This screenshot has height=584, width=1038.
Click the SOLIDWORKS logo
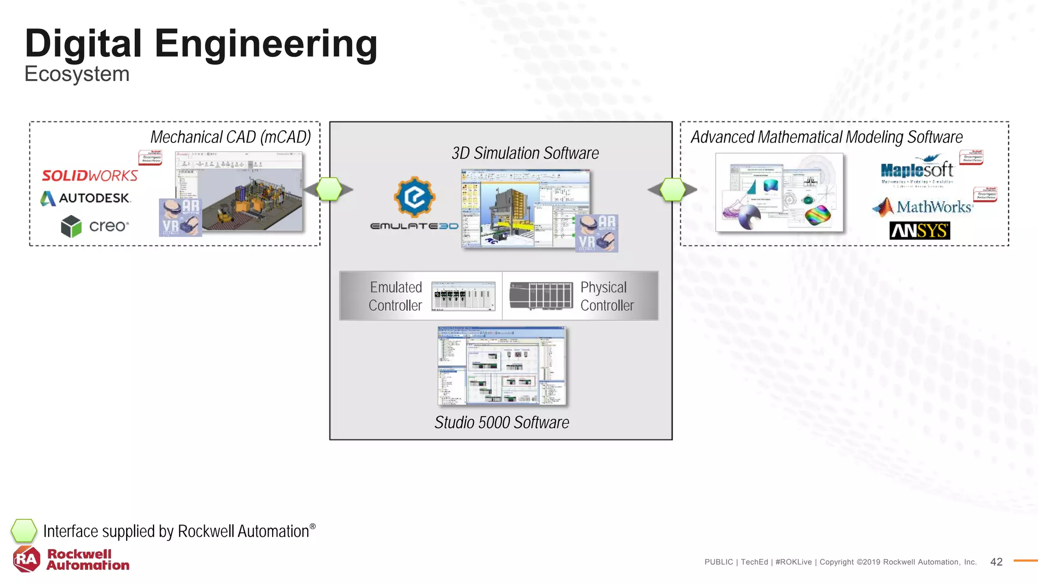coord(90,176)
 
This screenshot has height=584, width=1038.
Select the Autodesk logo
coord(86,198)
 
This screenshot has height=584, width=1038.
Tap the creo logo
coord(95,226)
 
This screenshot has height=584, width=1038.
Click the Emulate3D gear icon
coord(415,197)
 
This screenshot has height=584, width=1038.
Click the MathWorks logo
coord(922,207)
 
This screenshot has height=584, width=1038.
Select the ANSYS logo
coord(919,231)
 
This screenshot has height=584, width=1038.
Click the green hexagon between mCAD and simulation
coord(329,190)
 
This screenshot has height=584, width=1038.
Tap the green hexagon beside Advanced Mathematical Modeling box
coord(673,190)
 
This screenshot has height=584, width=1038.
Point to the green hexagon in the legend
coord(24,531)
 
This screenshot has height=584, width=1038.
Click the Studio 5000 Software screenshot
coord(502,366)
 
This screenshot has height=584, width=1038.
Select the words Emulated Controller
coord(395,296)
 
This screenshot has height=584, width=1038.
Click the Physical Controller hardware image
coord(541,296)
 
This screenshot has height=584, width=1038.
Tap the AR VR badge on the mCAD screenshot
coord(180,217)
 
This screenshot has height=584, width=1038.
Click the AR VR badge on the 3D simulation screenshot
coord(597,233)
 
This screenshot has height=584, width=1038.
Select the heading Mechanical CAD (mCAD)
coord(231,137)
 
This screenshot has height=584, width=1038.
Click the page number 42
coord(996,562)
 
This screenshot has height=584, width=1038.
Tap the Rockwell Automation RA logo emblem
coord(26,559)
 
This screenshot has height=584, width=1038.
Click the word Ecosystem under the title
coord(77,74)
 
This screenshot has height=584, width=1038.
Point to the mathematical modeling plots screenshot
coord(780,193)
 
